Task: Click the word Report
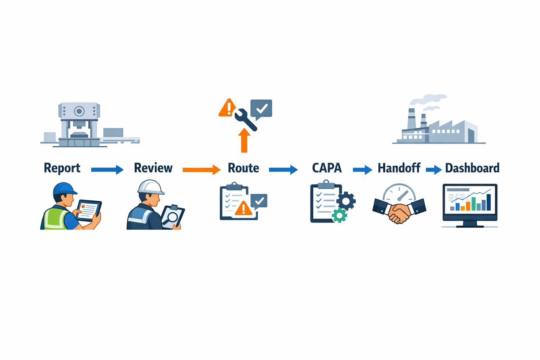click(62, 168)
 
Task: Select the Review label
click(153, 168)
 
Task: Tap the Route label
click(243, 168)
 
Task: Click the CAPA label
click(327, 168)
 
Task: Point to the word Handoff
click(399, 168)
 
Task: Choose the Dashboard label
click(472, 168)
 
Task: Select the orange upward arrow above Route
click(244, 141)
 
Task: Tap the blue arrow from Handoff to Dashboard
click(433, 170)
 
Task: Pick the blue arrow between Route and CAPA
click(283, 170)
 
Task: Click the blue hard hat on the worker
click(64, 188)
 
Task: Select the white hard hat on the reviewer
click(150, 187)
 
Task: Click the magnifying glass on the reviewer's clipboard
click(172, 217)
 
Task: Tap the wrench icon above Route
click(245, 120)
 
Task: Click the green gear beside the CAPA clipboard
click(339, 215)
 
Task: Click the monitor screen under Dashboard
click(470, 200)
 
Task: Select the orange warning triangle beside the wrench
click(228, 108)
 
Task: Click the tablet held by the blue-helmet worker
click(89, 210)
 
